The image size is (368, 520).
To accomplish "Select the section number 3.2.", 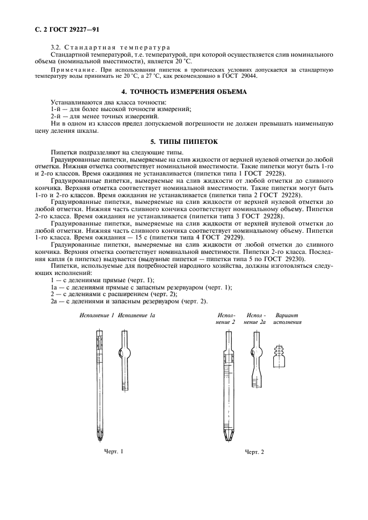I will click(56, 48).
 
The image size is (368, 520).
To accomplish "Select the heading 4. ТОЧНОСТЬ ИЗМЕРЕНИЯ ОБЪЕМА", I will click(184, 91).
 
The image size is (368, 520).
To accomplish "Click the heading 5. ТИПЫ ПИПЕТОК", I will click(184, 142).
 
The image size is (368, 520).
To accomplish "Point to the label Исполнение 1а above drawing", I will click(136, 315).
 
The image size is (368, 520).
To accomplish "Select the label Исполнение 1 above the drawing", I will click(96, 315).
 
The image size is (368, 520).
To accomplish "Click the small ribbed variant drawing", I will click(279, 355).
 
